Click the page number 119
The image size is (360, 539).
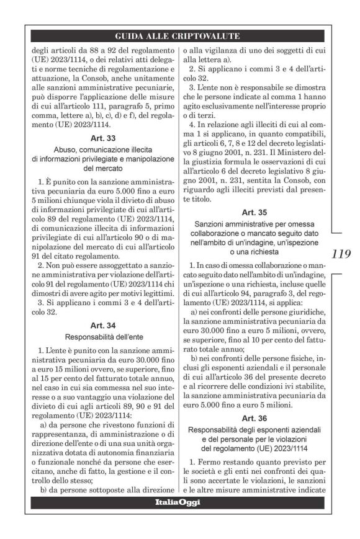click(x=341, y=254)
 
